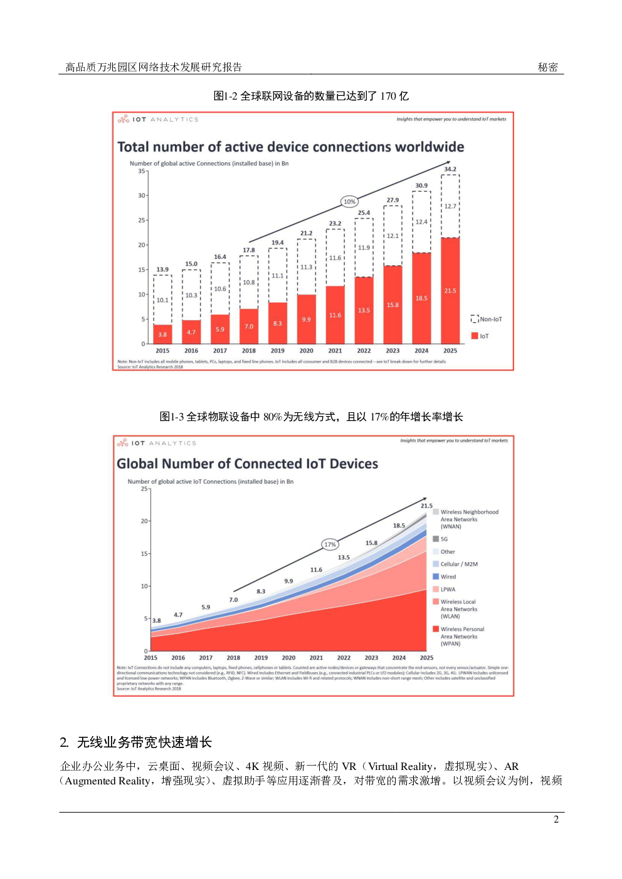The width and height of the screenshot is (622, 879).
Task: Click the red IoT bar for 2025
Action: tap(450, 291)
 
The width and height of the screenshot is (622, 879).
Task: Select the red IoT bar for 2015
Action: tap(162, 334)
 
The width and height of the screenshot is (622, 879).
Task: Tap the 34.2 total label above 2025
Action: tap(450, 169)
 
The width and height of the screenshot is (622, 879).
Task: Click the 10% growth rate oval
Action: tap(349, 201)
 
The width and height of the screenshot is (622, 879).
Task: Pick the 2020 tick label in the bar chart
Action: tap(306, 351)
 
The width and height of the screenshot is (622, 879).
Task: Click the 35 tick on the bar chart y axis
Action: tap(142, 171)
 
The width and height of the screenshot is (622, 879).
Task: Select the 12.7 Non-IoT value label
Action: tap(450, 206)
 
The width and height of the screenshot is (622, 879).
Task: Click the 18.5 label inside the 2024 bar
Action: tap(421, 298)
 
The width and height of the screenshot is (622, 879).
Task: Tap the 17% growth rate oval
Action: tap(330, 544)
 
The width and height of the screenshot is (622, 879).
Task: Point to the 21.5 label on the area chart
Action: tap(426, 506)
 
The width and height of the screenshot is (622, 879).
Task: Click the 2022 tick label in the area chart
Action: tap(344, 658)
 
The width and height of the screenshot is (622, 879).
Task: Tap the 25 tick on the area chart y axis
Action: tap(145, 489)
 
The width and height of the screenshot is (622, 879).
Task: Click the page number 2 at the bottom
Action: tap(556, 819)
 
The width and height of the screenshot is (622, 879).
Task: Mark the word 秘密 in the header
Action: tap(547, 67)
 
